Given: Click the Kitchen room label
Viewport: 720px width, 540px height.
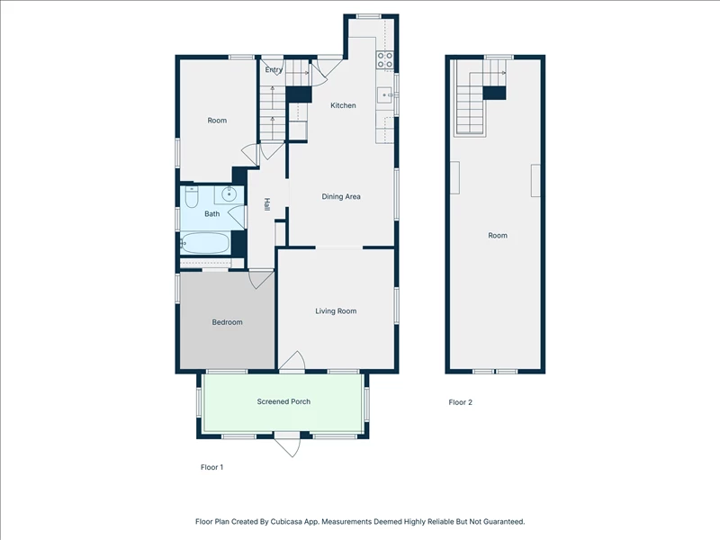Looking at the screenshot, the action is (x=343, y=105).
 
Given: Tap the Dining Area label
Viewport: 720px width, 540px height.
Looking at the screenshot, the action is (x=341, y=196).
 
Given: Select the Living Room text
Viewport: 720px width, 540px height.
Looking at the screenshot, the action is (x=336, y=310).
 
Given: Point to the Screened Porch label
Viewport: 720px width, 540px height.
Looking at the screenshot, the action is (x=283, y=401).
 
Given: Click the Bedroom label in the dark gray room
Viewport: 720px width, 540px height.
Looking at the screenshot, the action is (x=227, y=322).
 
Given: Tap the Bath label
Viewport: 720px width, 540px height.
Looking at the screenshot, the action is (x=211, y=213).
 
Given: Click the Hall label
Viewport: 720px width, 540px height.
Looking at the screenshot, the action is (x=266, y=204).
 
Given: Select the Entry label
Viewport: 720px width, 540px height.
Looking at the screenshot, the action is (x=274, y=70).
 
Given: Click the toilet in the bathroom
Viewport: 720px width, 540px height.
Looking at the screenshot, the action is (x=192, y=196).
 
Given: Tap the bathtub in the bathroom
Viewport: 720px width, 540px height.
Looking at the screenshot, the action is (x=205, y=243).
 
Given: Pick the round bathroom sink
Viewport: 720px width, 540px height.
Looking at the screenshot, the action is (x=229, y=194).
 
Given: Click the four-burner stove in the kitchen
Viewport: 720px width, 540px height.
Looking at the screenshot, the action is (x=385, y=60).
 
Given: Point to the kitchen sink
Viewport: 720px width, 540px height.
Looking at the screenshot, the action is (x=384, y=95).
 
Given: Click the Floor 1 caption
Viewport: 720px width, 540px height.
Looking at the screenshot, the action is (x=211, y=467).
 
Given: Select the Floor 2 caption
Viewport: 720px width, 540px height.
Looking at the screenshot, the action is (x=460, y=402).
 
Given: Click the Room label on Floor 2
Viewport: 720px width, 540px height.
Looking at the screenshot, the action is (x=498, y=235).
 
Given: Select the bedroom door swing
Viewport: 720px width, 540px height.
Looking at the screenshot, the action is (x=261, y=280).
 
